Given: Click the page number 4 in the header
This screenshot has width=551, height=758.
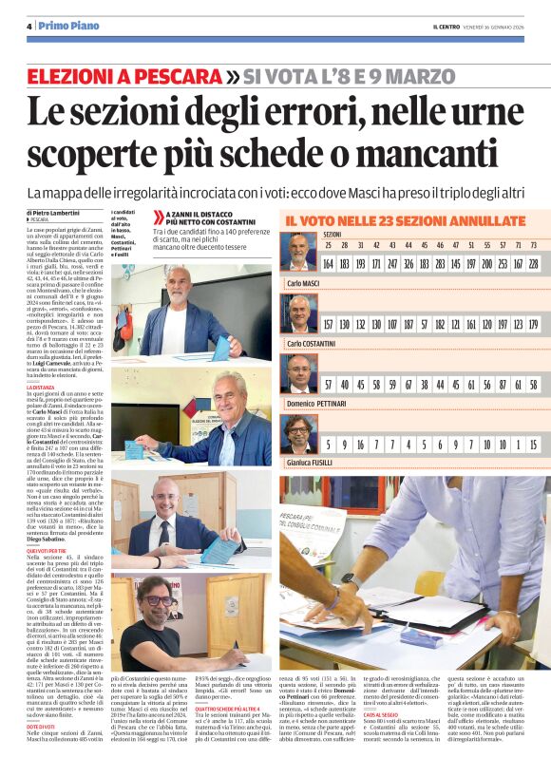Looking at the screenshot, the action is [x=29, y=26].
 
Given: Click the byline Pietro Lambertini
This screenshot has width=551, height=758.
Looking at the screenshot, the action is [x=55, y=212].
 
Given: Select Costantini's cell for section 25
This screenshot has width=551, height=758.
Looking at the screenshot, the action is [x=330, y=324].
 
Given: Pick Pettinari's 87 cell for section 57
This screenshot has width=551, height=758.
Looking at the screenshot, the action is [x=503, y=385].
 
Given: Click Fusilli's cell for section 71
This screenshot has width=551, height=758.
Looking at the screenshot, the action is [x=518, y=445].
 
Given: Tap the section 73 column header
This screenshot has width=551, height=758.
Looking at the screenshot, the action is [x=534, y=244].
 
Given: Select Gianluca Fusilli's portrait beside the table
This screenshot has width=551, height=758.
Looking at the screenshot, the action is [x=298, y=436].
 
